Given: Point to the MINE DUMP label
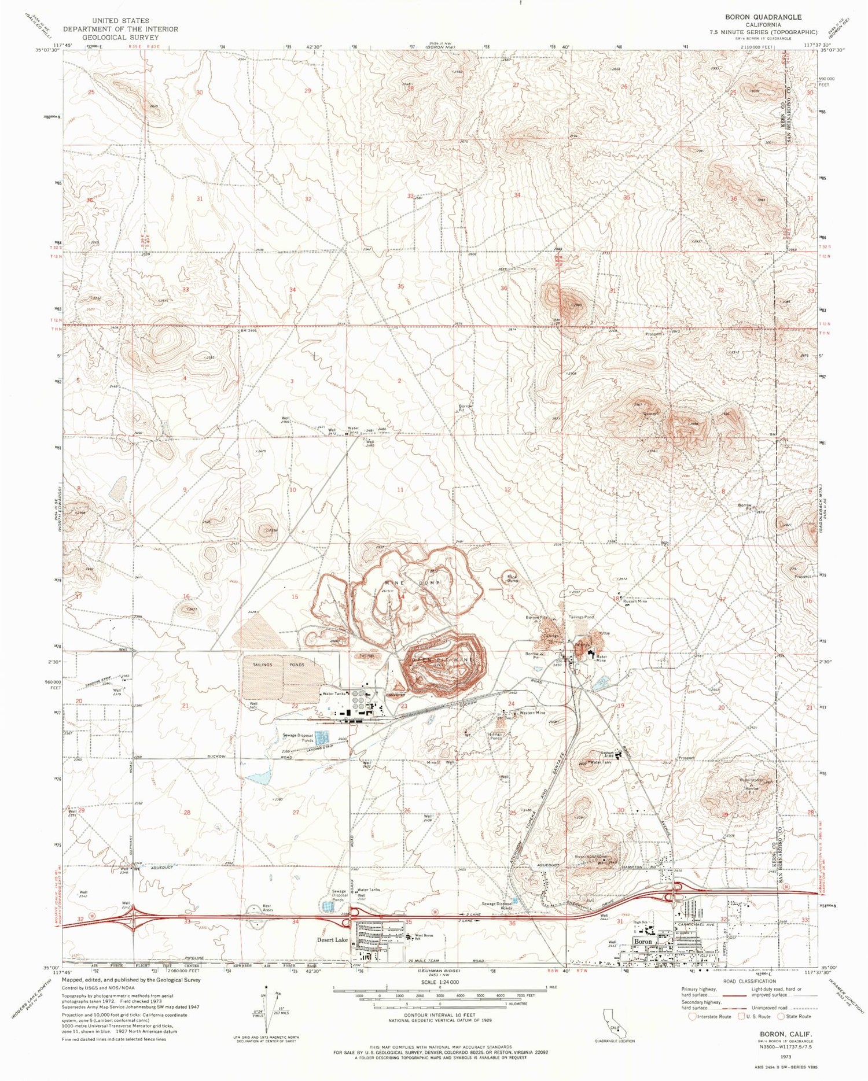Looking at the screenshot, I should pyautogui.click(x=414, y=582).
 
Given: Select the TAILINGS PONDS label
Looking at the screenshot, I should pyautogui.click(x=282, y=665).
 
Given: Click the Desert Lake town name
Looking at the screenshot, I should pyautogui.click(x=332, y=940).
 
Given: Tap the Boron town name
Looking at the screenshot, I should pyautogui.click(x=643, y=942).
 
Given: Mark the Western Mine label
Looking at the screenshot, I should pyautogui.click(x=532, y=713).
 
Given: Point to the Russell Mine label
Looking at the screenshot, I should pyautogui.click(x=635, y=601).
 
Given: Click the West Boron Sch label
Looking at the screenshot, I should pyautogui.click(x=424, y=937).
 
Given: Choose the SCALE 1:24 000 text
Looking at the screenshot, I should pyautogui.click(x=437, y=982).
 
